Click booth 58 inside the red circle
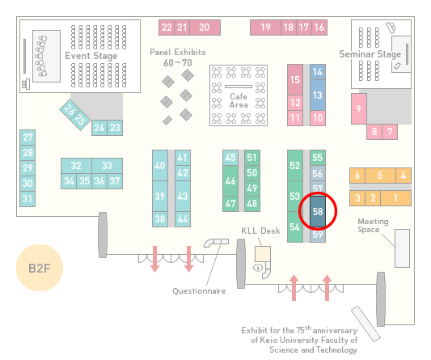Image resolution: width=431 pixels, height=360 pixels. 318,211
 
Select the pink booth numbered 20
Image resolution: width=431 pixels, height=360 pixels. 205,28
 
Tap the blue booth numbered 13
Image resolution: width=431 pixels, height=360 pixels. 318,95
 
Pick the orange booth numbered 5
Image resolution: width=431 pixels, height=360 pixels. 380,176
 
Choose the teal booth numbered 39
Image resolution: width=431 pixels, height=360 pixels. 160,196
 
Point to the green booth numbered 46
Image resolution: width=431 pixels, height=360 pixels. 230,180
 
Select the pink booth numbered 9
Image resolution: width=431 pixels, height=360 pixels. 359,108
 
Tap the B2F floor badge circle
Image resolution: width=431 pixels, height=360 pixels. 40,268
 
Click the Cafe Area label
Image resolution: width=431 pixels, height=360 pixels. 239,100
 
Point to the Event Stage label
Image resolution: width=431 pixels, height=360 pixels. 91,56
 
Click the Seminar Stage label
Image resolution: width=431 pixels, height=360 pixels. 370,54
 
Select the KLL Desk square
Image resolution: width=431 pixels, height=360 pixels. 263,254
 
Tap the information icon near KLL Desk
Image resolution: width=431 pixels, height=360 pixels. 258,267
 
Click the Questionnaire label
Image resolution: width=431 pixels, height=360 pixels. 199,291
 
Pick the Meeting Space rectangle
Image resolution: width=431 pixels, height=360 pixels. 402,248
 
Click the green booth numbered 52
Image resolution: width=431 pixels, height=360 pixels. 295,165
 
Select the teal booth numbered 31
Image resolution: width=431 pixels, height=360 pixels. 27,199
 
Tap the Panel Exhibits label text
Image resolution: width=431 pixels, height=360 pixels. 178,52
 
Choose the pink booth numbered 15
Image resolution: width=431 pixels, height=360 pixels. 295,80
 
